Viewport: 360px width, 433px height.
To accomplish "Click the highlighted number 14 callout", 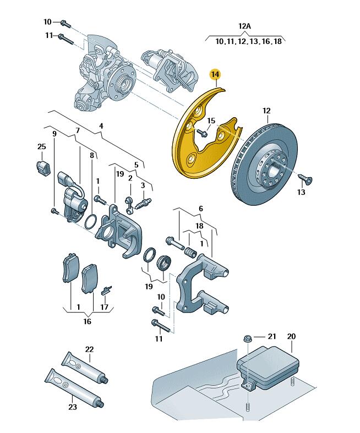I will coord(215,74).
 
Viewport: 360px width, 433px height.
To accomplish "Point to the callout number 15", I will coord(211,121).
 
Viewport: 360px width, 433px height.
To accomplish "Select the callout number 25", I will coord(41,146).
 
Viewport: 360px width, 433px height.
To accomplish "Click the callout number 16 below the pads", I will coord(87,321).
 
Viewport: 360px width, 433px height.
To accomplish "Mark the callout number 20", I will coord(291,336).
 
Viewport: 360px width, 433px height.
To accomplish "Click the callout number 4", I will coord(101,126).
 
